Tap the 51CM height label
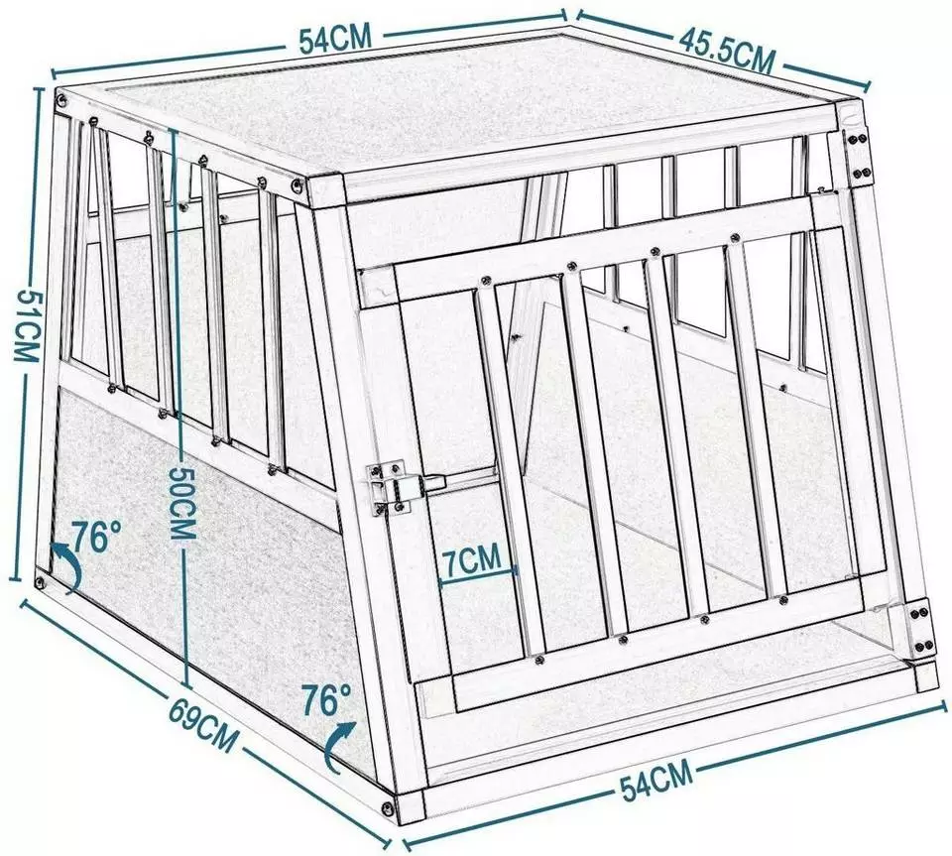(x=22, y=331)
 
